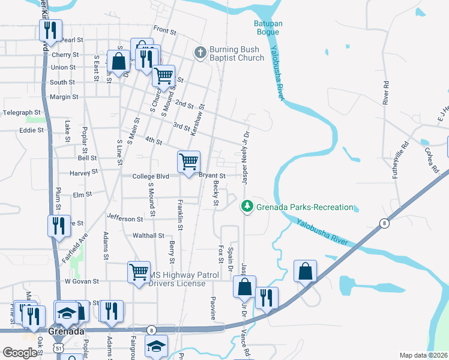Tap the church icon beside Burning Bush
tap(200, 53)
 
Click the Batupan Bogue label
tap(265, 28)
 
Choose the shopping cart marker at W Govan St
tap(139, 272)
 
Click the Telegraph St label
tap(21, 112)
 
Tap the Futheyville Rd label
tap(406, 154)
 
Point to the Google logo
tap(20, 353)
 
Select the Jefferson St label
tap(125, 219)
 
